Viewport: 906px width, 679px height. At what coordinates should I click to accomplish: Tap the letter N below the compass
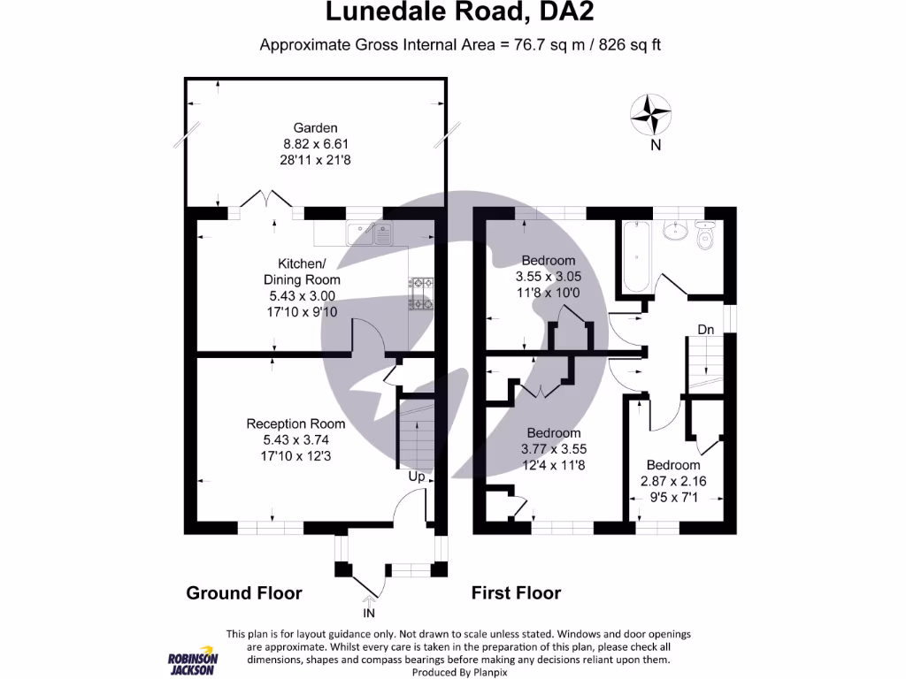click(656, 146)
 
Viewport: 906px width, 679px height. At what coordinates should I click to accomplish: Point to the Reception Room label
click(296, 423)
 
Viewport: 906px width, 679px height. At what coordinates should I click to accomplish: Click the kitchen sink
click(371, 233)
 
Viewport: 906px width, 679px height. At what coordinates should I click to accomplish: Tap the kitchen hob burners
click(421, 294)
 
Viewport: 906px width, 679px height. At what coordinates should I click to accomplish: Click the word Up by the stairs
click(417, 477)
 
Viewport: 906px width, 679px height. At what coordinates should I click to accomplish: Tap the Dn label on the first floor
click(705, 330)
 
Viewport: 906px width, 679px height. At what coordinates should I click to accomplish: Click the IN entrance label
click(369, 612)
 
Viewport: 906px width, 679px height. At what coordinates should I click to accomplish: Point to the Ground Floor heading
click(244, 593)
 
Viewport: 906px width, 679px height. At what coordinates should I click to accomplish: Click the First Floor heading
click(516, 593)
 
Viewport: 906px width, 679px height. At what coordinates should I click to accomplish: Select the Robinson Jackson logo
click(194, 662)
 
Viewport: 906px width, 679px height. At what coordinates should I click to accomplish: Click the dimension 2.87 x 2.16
click(673, 481)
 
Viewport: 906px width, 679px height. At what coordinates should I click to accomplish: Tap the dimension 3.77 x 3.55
click(554, 448)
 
